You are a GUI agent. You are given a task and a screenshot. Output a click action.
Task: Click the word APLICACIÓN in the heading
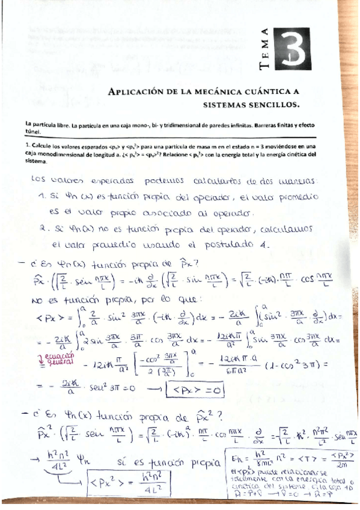tap(136, 91)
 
